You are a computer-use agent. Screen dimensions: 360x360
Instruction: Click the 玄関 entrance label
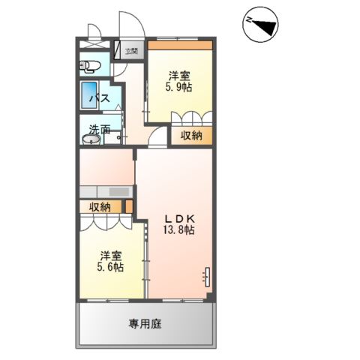pyautogui.click(x=131, y=52)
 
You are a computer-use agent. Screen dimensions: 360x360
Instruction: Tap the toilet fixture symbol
pyautogui.click(x=89, y=67)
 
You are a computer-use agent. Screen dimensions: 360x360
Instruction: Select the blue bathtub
pyautogui.click(x=88, y=95)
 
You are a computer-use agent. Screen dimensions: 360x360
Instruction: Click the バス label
pyautogui.click(x=100, y=98)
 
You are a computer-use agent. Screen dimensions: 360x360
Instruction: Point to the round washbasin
pyautogui.click(x=91, y=139)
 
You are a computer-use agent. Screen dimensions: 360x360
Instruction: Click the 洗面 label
pyautogui.click(x=100, y=130)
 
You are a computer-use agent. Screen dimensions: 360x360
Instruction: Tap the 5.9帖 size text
pyautogui.click(x=178, y=87)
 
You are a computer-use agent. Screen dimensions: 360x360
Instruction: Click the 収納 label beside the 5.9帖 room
pyautogui.click(x=191, y=136)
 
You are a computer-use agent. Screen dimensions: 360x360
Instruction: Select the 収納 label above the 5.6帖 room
pyautogui.click(x=100, y=207)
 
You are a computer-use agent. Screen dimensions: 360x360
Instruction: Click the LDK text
pyautogui.click(x=179, y=219)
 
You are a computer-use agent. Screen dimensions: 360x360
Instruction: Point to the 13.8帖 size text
pyautogui.click(x=178, y=230)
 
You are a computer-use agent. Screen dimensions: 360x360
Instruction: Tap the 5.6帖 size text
pyautogui.click(x=110, y=268)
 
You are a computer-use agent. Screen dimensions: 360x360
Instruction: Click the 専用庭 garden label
pyautogui.click(x=145, y=324)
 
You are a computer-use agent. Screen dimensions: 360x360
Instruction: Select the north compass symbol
pyautogui.click(x=261, y=25)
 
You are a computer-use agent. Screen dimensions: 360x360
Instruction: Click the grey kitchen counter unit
pyautogui.click(x=106, y=192)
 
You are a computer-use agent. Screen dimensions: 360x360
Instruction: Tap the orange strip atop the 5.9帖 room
pyautogui.click(x=180, y=45)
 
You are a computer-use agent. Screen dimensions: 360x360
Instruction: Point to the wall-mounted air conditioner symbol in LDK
pyautogui.click(x=207, y=277)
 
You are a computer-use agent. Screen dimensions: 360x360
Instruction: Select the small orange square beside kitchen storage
pyautogui.click(x=129, y=206)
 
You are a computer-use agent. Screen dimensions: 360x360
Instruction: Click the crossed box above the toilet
pyautogui.click(x=94, y=44)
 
